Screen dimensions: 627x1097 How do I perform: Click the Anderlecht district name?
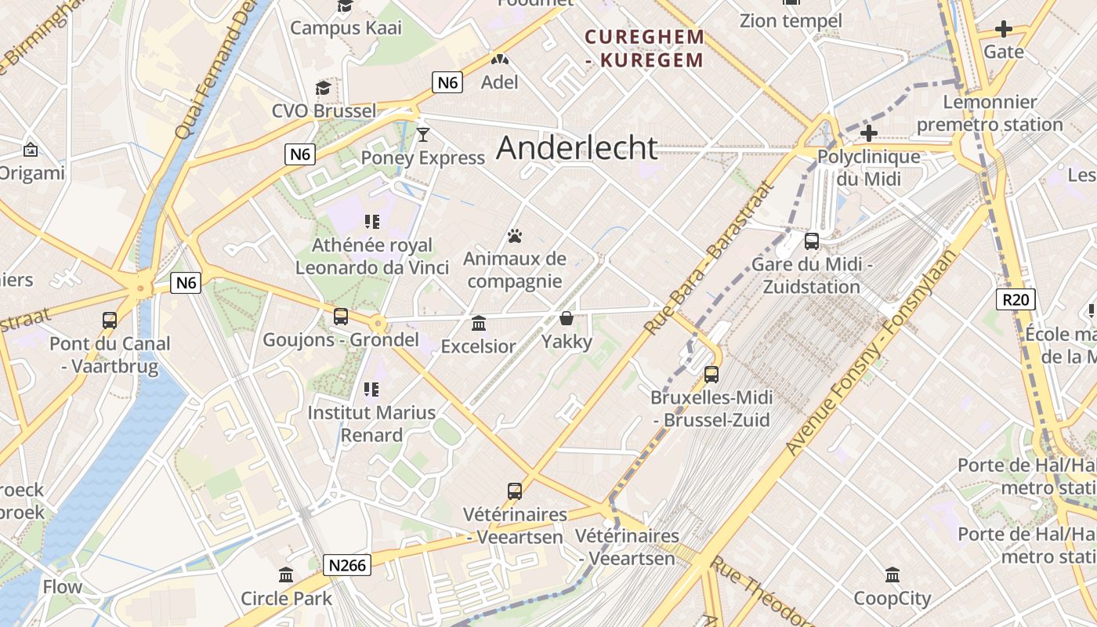[577, 147]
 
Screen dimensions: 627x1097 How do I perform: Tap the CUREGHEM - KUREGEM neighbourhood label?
[645, 48]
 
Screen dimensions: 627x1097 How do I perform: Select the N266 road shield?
[346, 564]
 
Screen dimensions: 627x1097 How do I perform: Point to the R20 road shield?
[1016, 299]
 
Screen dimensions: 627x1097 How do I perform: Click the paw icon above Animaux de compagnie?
[515, 236]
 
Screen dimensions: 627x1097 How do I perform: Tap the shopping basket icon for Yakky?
[567, 318]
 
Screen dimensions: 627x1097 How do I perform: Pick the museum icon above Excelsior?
[479, 323]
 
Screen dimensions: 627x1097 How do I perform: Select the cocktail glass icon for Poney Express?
[423, 135]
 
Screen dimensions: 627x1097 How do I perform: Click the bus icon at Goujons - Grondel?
[340, 317]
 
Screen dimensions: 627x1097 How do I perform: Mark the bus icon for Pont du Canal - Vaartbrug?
[110, 320]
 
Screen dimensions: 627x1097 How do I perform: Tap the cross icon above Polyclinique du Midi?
[868, 133]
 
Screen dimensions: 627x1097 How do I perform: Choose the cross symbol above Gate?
[1003, 30]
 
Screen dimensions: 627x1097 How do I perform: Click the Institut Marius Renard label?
[371, 423]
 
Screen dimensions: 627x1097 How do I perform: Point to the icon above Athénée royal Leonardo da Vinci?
[371, 223]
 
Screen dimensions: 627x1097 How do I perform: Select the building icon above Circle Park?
[286, 575]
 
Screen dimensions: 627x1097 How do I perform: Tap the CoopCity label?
[892, 599]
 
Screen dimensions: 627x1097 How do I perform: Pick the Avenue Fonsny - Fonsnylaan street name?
[871, 353]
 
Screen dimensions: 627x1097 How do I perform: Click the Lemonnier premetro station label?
[990, 113]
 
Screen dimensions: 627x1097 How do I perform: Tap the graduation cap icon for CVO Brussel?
[323, 87]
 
